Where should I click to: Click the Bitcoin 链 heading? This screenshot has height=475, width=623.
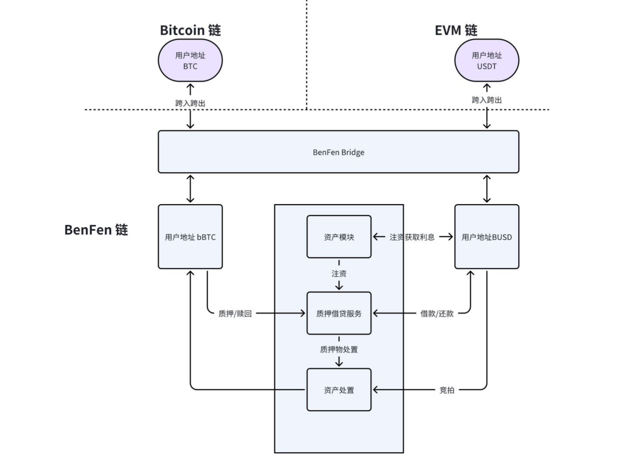pyautogui.click(x=190, y=30)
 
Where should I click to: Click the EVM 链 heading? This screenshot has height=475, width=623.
pyautogui.click(x=456, y=30)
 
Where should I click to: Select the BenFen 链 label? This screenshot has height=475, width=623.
pyautogui.click(x=96, y=230)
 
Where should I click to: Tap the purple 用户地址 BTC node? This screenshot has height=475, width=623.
pyautogui.click(x=190, y=61)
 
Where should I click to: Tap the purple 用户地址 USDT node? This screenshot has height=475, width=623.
pyautogui.click(x=487, y=61)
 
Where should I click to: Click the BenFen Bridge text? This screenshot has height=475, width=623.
pyautogui.click(x=338, y=152)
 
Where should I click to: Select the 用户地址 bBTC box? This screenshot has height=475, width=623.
pyautogui.click(x=190, y=237)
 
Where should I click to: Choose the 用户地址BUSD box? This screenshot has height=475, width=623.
pyautogui.click(x=487, y=237)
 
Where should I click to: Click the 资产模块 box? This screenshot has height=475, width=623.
pyautogui.click(x=339, y=237)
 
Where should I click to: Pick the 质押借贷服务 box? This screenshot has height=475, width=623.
pyautogui.click(x=339, y=313)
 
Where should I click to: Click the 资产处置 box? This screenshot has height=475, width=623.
pyautogui.click(x=339, y=390)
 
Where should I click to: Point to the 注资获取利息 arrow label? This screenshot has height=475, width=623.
pyautogui.click(x=412, y=237)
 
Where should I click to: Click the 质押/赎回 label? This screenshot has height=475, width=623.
pyautogui.click(x=235, y=314)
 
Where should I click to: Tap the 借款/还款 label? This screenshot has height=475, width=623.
pyautogui.click(x=436, y=314)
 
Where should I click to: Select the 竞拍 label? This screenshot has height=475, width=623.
pyautogui.click(x=447, y=390)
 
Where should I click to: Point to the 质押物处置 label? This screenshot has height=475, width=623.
pyautogui.click(x=339, y=350)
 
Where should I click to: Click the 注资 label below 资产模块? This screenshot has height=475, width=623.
pyautogui.click(x=339, y=274)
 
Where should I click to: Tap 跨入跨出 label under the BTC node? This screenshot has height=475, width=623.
pyautogui.click(x=190, y=103)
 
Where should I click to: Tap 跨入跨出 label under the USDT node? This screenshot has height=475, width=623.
pyautogui.click(x=487, y=100)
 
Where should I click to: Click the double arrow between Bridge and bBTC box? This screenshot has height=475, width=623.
pyautogui.click(x=190, y=189)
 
